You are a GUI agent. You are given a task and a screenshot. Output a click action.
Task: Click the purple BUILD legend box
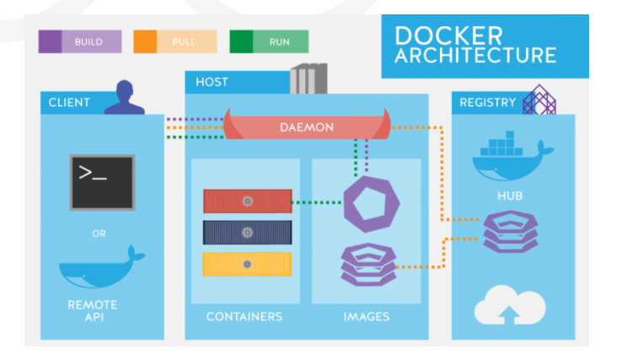80,41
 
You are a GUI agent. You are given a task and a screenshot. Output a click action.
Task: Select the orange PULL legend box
174,41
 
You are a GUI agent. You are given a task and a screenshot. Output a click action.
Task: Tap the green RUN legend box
269,41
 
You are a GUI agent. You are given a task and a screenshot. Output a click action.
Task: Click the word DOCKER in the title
448,35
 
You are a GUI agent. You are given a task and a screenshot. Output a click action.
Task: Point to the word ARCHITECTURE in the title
475,56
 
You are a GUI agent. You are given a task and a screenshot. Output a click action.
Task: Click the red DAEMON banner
307,127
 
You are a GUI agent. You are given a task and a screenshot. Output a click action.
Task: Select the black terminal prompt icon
101,181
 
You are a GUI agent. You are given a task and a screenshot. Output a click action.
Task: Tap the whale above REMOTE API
100,268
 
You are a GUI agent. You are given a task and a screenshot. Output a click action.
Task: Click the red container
248,201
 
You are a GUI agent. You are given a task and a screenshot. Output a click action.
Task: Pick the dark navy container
248,232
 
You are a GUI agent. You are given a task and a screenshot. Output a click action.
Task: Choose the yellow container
248,264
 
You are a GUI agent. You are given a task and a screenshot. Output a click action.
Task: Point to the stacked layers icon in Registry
508,232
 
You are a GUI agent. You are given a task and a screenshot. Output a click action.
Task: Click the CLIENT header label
69,103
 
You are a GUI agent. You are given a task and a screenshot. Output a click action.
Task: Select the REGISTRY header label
487,103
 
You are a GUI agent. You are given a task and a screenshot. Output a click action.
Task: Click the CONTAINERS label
244,317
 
